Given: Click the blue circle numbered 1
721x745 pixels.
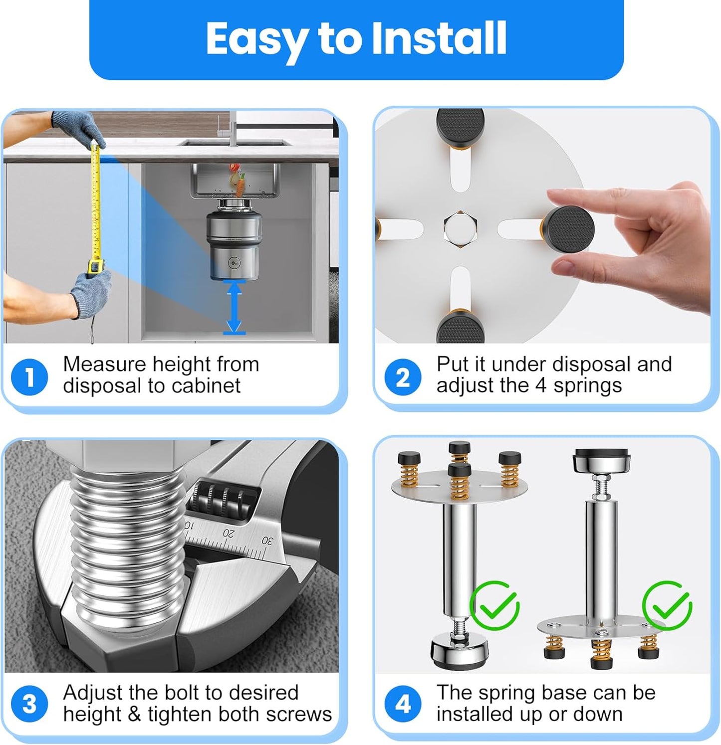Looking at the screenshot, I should [29, 377].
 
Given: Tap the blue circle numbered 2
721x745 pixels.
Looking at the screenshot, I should [403, 377].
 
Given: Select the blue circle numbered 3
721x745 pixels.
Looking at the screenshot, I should [29, 704].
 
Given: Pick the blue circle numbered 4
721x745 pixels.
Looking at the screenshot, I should [403, 704].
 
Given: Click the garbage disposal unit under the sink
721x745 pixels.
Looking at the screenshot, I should [234, 244].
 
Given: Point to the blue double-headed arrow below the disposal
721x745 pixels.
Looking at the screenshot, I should [234, 307].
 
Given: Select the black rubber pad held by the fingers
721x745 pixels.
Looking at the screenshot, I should [568, 231].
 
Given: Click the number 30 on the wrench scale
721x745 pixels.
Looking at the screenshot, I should [268, 541].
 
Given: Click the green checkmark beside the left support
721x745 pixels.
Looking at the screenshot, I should [494, 606].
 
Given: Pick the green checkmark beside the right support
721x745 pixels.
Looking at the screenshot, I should [667, 606].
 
